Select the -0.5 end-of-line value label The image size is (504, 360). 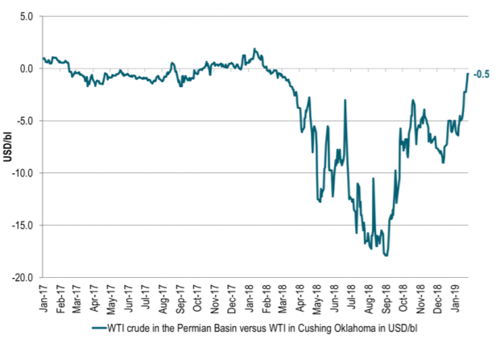coord(481,75)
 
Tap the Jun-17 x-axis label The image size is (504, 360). coord(128,300)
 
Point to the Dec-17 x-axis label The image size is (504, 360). coord(231,300)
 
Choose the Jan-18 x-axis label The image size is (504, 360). coord(249,300)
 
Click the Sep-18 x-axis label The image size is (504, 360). coord(386,300)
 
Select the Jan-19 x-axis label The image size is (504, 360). coord(456,300)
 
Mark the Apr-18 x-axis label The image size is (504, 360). coord(300,300)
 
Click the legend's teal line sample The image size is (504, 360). coord(99,328)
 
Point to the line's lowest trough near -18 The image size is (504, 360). coord(387,255)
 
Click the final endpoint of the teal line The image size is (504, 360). coord(468,73)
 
